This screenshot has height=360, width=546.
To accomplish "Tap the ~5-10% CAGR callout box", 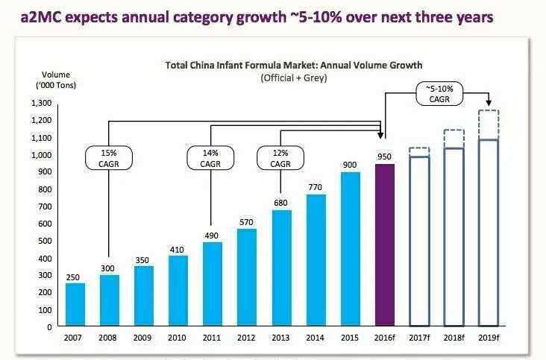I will [439, 95].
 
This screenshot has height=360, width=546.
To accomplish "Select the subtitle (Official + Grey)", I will [293, 78].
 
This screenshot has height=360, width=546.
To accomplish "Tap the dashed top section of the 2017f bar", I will [418, 152].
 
